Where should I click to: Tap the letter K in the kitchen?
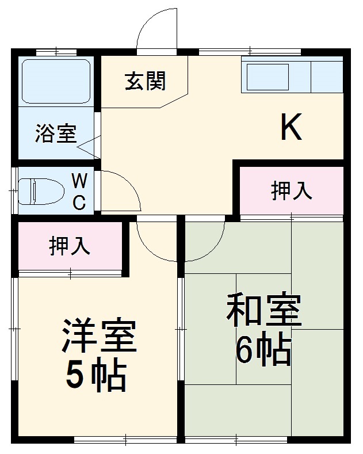pyautogui.click(x=291, y=127)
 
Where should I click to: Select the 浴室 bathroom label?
pyautogui.click(x=55, y=133)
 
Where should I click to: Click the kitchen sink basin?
pyautogui.click(x=268, y=77)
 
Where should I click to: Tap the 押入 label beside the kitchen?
pyautogui.click(x=292, y=191)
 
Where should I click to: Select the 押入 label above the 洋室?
pyautogui.click(x=70, y=246)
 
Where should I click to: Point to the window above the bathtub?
pyautogui.click(x=56, y=52)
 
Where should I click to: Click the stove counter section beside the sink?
pyautogui.click(x=327, y=76)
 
